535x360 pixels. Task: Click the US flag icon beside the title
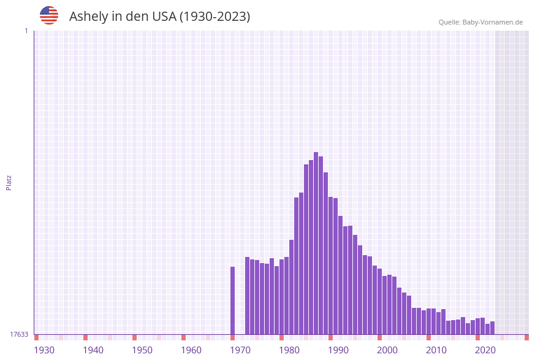tap(49, 15)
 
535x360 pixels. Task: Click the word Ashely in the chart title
tap(88, 17)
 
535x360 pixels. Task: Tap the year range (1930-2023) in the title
tap(214, 17)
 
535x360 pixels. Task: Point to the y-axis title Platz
tap(9, 183)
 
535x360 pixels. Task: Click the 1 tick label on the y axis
tap(26, 31)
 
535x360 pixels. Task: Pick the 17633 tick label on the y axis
tap(19, 334)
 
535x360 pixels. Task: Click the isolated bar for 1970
tap(233, 301)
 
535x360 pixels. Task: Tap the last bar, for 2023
tap(492, 328)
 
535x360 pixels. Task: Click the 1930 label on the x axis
tap(44, 350)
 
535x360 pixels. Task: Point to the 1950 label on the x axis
tap(142, 350)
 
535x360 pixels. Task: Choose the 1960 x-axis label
tap(191, 350)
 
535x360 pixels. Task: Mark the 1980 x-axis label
tap(289, 350)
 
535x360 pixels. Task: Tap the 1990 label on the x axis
tap(338, 350)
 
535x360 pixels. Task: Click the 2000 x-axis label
tap(387, 350)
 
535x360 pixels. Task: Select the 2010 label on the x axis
tap(436, 350)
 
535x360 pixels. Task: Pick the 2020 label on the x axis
tap(485, 350)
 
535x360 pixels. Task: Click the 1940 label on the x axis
tap(93, 350)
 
